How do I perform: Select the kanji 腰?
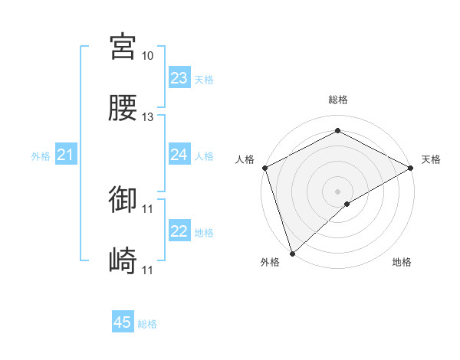[123, 108]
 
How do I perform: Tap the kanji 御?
[123, 200]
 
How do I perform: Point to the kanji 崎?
[123, 261]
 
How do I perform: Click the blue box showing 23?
[179, 78]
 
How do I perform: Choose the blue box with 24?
[179, 155]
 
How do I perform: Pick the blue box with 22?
[179, 231]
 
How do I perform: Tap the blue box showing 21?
[65, 155]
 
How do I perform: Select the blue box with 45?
[123, 322]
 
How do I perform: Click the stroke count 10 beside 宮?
[147, 56]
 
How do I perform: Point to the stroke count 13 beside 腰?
[147, 117]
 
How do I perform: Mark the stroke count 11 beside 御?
[147, 209]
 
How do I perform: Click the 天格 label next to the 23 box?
[204, 80]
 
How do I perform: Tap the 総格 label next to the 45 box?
[147, 324]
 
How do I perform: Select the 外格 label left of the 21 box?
[41, 156]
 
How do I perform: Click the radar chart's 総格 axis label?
[337, 100]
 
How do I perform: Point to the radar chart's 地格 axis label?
[402, 263]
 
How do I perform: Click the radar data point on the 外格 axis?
[291, 254]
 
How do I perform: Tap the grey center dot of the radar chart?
[337, 191]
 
